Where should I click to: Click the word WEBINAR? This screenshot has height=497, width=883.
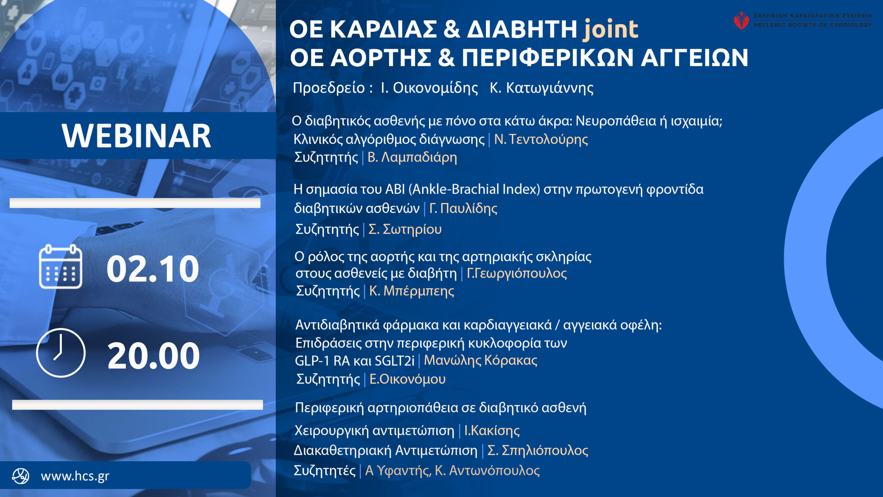[136, 136]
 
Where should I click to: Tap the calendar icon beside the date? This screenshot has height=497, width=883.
[61, 266]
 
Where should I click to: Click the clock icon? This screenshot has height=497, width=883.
[61, 352]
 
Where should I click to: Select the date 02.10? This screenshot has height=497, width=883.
[153, 269]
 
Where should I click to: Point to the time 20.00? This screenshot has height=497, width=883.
[153, 355]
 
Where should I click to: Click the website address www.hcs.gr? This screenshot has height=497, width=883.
[75, 476]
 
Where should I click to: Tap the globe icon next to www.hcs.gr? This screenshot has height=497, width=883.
[21, 476]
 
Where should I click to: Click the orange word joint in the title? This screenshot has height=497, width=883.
[610, 29]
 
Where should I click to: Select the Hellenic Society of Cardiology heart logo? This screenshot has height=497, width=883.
[741, 20]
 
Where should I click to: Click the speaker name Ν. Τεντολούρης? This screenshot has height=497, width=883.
[541, 139]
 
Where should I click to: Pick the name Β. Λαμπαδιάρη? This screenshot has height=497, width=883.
[412, 157]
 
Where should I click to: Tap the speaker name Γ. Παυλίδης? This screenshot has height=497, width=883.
[463, 208]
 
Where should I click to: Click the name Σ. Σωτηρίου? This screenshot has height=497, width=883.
[405, 229]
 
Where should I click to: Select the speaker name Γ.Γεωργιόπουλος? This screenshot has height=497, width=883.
[517, 273]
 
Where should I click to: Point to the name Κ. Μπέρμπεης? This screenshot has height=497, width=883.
[411, 291]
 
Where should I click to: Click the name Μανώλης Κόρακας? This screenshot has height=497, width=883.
[480, 360]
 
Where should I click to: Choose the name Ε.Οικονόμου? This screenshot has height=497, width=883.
[407, 379]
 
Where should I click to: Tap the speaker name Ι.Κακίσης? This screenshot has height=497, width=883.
[492, 430]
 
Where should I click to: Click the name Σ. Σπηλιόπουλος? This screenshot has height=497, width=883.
[538, 450]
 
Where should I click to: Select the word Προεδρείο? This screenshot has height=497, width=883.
[329, 88]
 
